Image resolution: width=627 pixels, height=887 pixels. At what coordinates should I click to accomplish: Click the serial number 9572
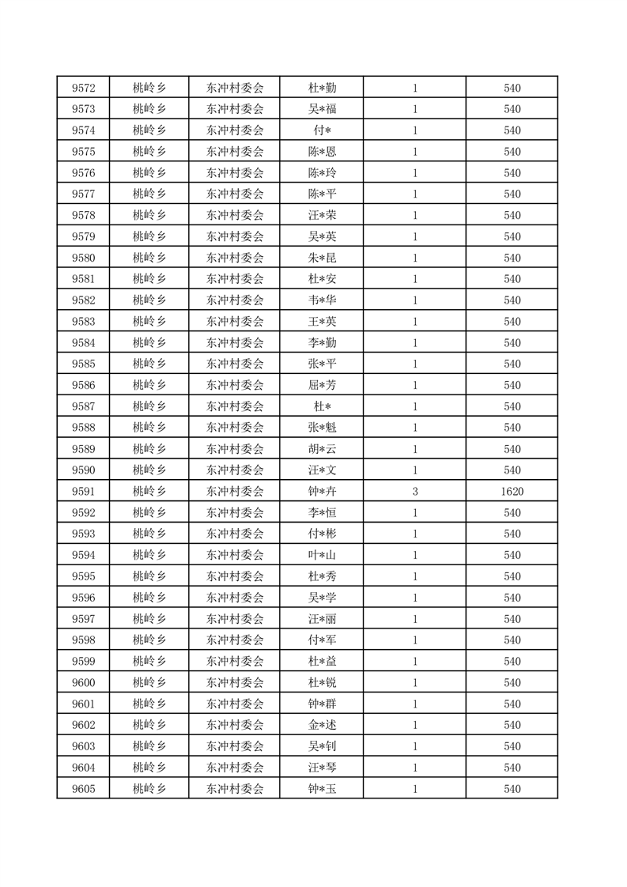click(x=83, y=88)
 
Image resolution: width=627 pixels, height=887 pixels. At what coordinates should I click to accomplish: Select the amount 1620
click(x=512, y=492)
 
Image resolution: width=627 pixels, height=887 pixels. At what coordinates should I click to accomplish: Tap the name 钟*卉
click(x=322, y=492)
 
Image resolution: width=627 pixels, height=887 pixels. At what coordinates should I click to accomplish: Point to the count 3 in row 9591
click(x=415, y=492)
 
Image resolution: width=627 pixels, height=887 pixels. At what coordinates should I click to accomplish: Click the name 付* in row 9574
click(x=322, y=130)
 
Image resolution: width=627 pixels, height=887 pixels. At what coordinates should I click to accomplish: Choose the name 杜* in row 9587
click(x=322, y=406)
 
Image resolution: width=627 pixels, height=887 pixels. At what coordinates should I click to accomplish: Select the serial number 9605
click(x=83, y=789)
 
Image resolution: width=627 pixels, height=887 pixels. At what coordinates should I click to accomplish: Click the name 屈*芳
click(x=322, y=385)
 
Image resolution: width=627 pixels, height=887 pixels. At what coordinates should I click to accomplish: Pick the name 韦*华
click(x=322, y=300)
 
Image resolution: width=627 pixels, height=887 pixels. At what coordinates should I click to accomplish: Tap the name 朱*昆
click(x=322, y=258)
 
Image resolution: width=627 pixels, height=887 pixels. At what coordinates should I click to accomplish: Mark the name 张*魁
click(x=322, y=428)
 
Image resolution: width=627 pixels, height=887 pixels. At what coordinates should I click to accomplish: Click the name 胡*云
click(x=322, y=449)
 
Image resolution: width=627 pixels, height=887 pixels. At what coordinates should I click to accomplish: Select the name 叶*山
click(x=322, y=555)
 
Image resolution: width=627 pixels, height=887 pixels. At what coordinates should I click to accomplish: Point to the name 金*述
click(x=322, y=725)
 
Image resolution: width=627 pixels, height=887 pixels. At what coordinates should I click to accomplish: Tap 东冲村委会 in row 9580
click(x=235, y=258)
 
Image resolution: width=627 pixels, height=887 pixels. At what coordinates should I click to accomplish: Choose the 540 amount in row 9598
click(x=512, y=640)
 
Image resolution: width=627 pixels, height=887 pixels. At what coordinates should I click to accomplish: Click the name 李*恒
click(x=322, y=513)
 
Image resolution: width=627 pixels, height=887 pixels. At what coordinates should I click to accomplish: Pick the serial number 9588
click(x=83, y=428)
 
